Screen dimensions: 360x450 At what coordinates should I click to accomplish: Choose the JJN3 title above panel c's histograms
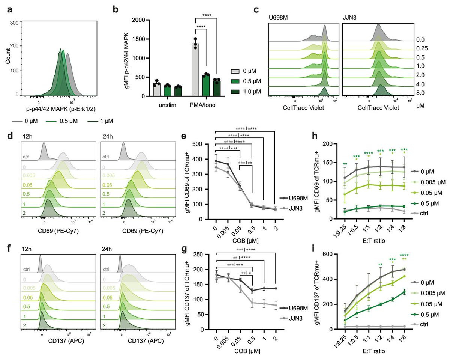(x=349, y=17)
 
